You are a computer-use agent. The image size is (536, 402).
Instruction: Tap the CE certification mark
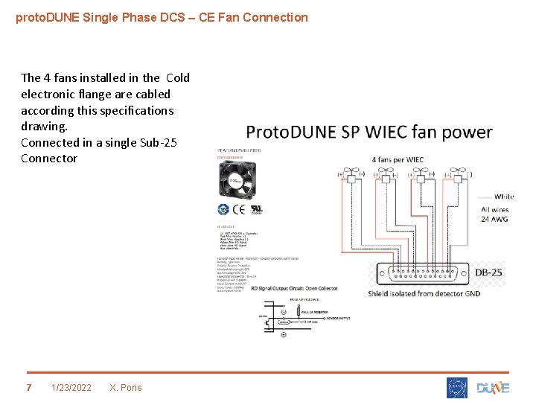[240, 209]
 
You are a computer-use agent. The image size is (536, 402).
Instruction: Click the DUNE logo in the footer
[493, 387]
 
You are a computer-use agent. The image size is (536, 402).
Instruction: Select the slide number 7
[29, 387]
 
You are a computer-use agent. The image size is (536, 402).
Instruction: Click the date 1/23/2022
[71, 387]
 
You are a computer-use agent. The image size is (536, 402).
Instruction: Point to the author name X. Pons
[125, 387]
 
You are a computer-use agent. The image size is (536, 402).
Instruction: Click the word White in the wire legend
[503, 197]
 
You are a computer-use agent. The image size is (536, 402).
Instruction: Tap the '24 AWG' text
[494, 220]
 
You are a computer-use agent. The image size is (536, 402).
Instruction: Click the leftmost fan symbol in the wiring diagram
[349, 177]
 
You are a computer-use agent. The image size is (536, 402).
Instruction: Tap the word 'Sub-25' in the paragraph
[159, 142]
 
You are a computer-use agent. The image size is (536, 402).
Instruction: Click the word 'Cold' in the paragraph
[178, 77]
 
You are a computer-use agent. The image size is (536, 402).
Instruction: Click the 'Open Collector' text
[316, 288]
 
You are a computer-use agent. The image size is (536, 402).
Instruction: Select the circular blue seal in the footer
[457, 387]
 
